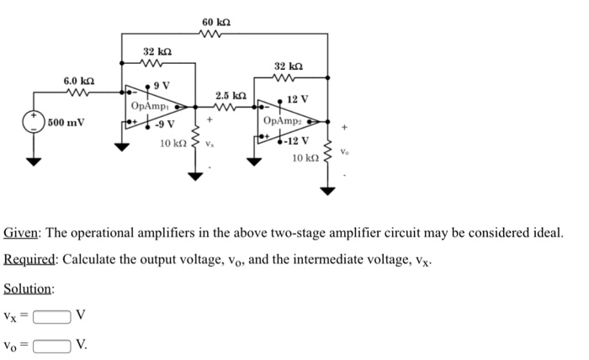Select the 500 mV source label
[66, 123]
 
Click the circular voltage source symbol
[34, 123]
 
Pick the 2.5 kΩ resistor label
[230, 95]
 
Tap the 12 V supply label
[298, 100]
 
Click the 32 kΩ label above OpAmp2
[289, 66]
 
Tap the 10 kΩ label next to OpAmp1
[172, 144]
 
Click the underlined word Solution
[29, 289]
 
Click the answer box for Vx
[52, 317]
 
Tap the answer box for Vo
[52, 344]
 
